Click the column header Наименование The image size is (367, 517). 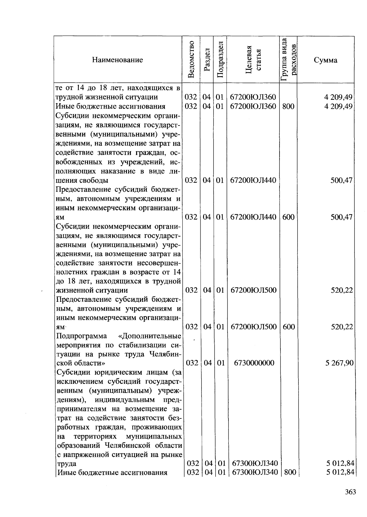point(117,60)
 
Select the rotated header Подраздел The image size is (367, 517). point(220,60)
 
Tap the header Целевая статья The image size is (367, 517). point(254,60)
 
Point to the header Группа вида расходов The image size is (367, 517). point(288,60)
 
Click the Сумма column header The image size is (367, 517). point(325,60)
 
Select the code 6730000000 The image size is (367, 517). point(254,363)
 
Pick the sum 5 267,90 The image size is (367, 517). point(339,363)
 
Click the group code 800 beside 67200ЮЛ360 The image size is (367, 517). point(288,106)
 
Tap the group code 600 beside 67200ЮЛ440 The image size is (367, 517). point(288,217)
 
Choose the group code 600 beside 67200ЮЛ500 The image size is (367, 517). point(289,327)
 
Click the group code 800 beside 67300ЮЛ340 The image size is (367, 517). point(290,472)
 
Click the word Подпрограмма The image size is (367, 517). point(82,336)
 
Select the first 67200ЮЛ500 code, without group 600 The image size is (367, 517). point(253,290)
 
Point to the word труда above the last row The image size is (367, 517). point(66,463)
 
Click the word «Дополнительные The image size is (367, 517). point(150,336)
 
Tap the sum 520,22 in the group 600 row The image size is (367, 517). point(342,327)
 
